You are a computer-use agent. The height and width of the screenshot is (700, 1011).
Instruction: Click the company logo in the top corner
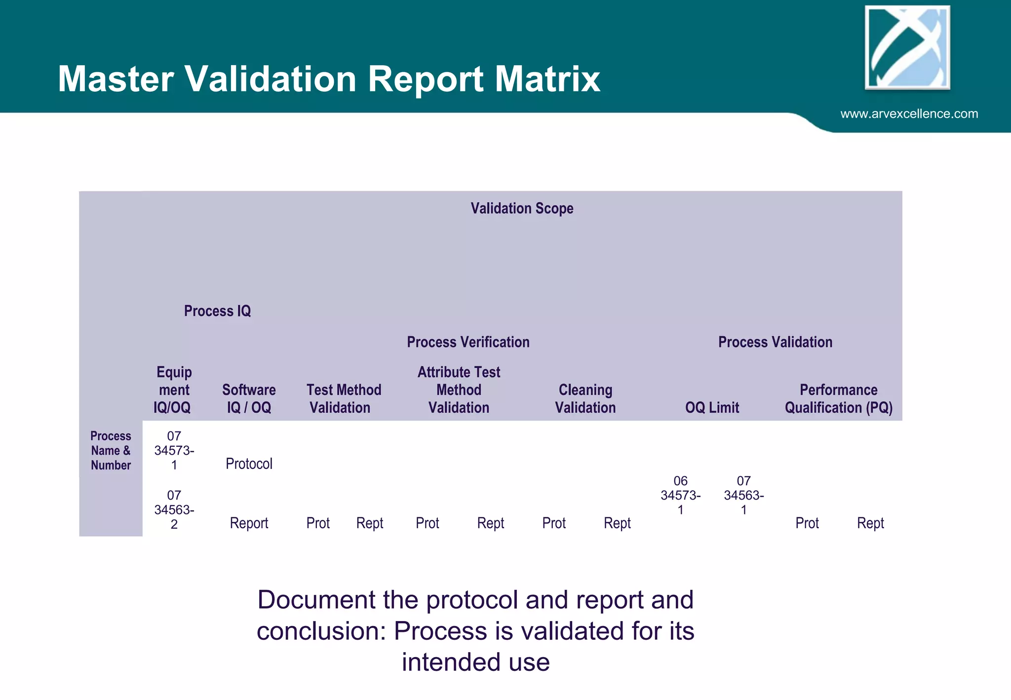(x=907, y=48)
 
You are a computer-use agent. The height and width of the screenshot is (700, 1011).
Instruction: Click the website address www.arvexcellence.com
(x=909, y=114)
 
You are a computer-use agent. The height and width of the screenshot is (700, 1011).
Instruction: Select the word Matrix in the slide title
(x=547, y=79)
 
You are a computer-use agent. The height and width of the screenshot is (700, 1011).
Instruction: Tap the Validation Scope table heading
(x=522, y=208)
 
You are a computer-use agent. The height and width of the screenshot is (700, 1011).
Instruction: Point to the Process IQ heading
(x=217, y=311)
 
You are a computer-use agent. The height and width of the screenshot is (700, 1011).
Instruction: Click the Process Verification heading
(x=468, y=342)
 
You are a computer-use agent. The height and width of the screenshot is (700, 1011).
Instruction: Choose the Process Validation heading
(x=775, y=342)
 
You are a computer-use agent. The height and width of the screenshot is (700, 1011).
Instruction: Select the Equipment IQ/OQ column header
(x=173, y=389)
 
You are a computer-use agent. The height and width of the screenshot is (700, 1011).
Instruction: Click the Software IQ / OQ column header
(x=249, y=398)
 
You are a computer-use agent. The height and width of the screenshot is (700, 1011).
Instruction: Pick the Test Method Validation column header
(x=343, y=398)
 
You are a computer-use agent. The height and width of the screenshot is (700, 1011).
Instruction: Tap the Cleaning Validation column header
(x=585, y=398)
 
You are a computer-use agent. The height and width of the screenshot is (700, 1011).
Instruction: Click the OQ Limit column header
(x=712, y=408)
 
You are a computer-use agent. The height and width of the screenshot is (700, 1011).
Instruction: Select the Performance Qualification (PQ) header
(x=838, y=398)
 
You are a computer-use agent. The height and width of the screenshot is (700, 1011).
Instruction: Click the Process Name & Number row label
(x=111, y=451)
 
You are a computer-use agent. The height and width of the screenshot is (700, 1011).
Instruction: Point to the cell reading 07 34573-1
(x=174, y=451)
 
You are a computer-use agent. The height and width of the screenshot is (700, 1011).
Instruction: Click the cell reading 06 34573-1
(x=680, y=495)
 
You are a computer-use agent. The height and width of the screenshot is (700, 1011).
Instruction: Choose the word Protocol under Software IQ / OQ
(x=249, y=464)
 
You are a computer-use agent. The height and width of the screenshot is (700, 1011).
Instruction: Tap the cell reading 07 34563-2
(x=174, y=509)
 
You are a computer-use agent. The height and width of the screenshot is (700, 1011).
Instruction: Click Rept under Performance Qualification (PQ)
(x=870, y=523)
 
